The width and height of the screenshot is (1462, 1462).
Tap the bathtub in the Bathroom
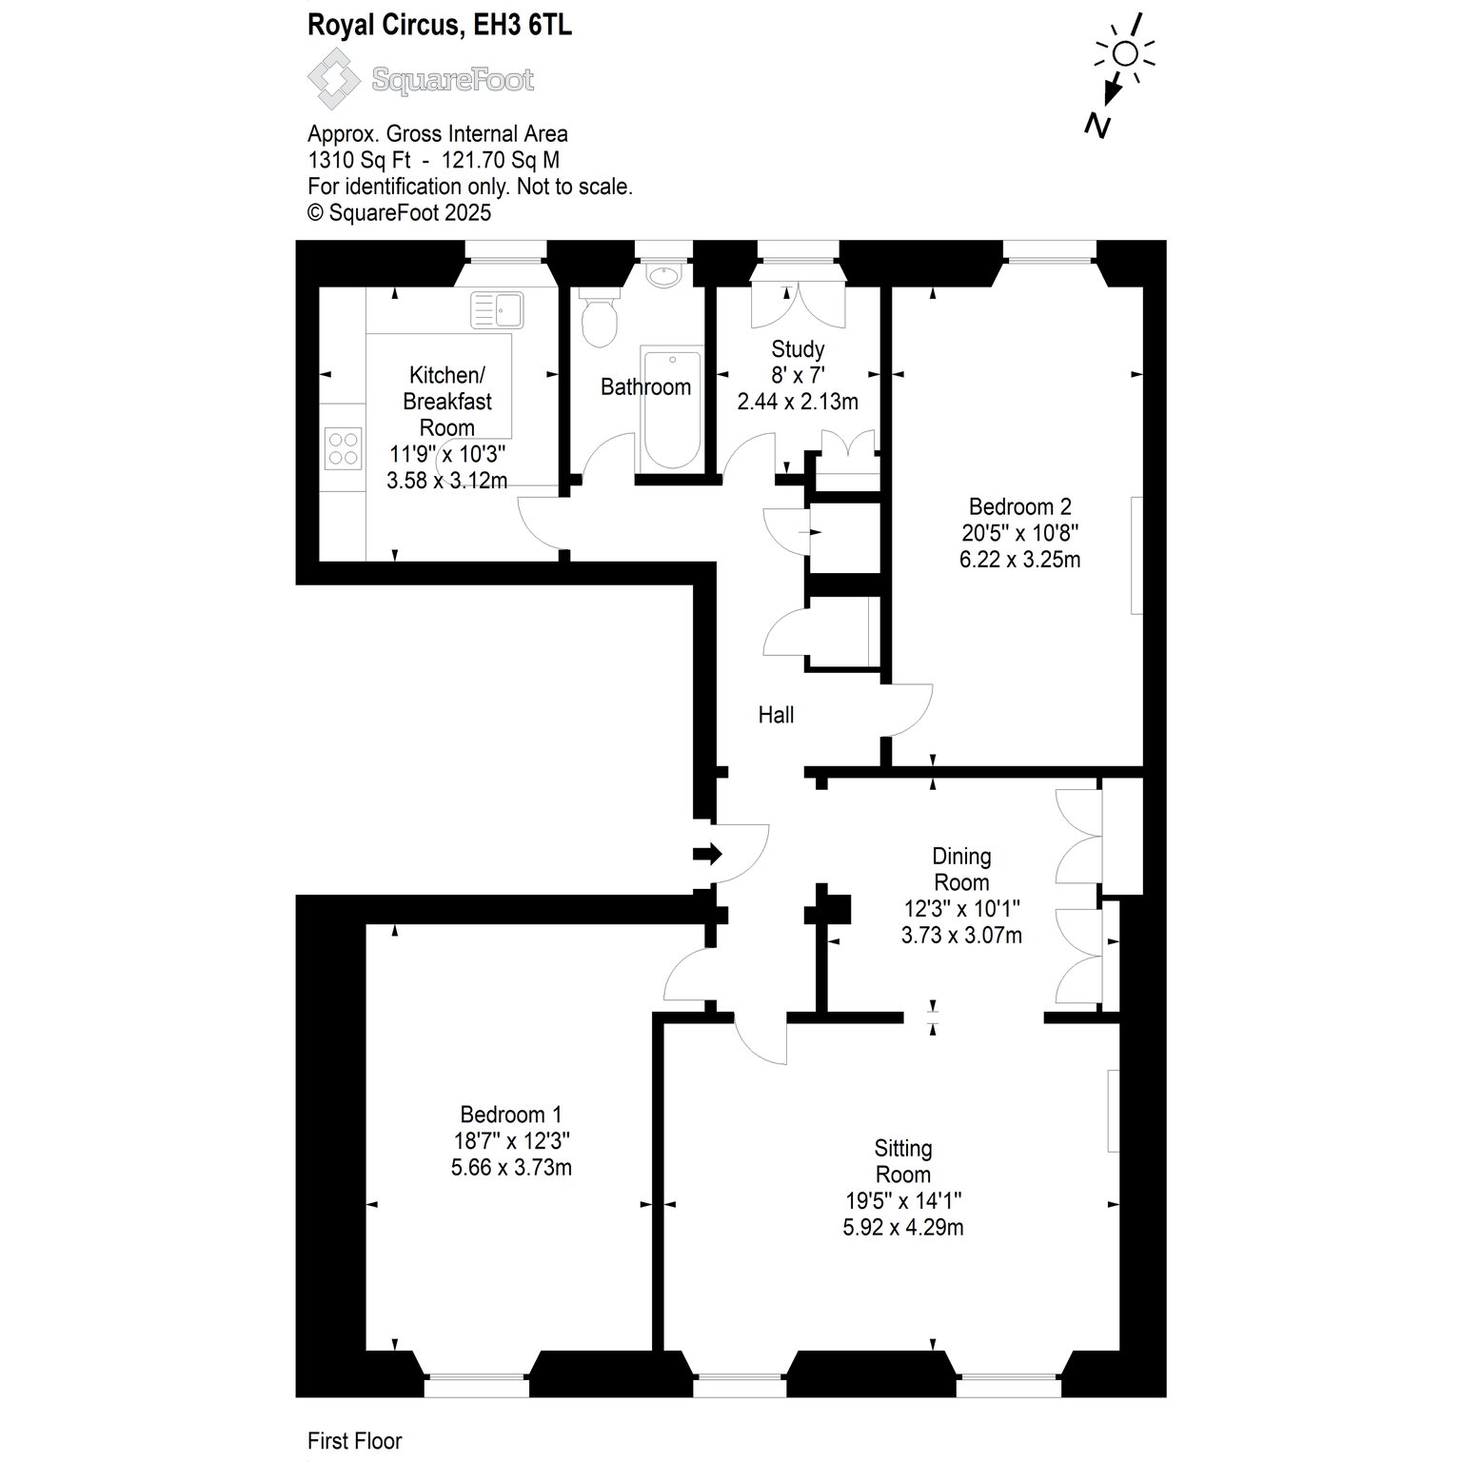click(673, 409)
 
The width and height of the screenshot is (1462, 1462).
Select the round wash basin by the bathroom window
click(662, 275)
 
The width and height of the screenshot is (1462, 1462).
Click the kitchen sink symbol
click(496, 308)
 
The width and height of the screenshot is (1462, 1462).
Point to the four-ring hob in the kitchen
click(344, 448)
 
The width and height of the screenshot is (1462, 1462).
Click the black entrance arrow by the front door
click(708, 854)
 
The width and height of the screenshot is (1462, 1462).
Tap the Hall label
click(776, 715)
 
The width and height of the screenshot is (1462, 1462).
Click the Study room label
click(798, 348)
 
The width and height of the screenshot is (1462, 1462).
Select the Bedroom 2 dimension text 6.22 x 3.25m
click(1019, 560)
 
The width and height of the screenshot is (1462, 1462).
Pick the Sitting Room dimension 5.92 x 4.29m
click(903, 1228)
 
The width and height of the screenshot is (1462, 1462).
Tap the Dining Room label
click(961, 868)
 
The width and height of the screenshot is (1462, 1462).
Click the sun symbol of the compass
click(1125, 53)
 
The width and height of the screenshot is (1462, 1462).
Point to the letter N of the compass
click(1098, 126)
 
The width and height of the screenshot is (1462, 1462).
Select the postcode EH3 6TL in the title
click(520, 26)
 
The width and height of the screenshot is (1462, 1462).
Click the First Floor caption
click(355, 1442)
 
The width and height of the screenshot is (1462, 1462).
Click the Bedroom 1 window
click(476, 1386)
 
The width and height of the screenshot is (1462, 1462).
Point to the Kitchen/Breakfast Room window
click(505, 250)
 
